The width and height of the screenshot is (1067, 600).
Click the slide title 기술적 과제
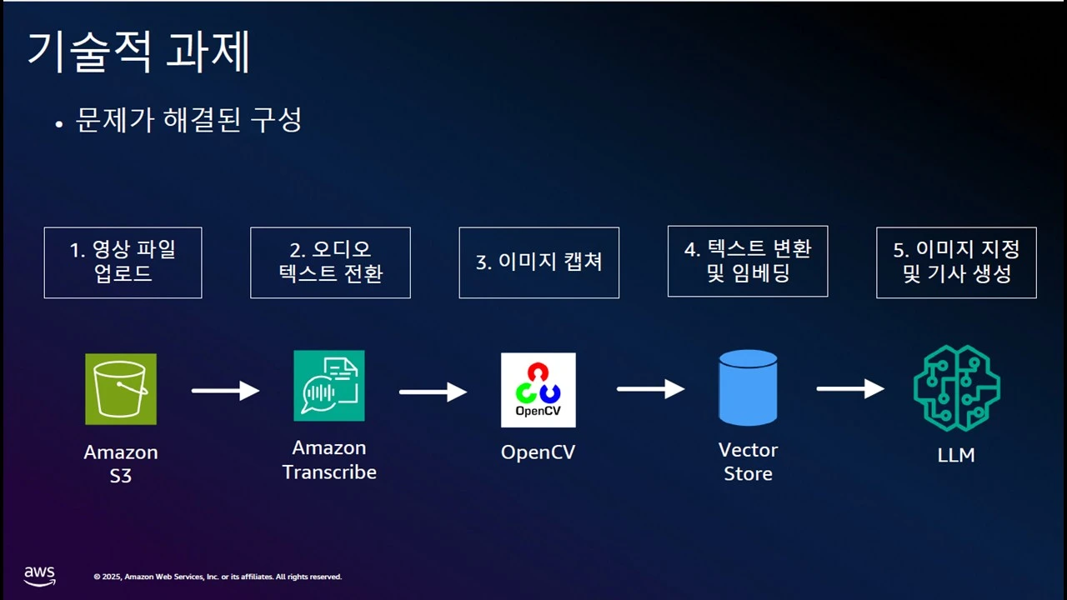138,52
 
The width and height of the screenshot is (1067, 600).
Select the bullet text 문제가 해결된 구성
188,119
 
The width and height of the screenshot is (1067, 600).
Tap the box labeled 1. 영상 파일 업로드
123,262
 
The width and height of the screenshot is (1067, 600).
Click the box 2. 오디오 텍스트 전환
330,262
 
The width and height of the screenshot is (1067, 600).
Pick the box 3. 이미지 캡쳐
539,262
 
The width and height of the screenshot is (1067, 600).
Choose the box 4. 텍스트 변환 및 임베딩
748,262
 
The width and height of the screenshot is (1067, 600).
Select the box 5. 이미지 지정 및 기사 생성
956,262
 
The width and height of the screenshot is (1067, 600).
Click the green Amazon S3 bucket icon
121,389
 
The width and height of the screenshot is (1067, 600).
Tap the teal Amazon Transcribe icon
329,386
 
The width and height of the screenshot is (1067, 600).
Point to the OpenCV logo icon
539,390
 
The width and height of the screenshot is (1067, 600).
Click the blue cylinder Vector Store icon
748,387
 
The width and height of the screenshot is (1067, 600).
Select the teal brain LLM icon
956,388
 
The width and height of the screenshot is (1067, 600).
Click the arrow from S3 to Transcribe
225,391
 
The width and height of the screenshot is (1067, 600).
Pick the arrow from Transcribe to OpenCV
433,392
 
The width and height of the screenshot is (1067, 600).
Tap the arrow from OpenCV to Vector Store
651,389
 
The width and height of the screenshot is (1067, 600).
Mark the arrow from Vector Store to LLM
850,388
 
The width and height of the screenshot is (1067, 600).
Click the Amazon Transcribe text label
329,460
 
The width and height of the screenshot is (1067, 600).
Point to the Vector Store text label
748,462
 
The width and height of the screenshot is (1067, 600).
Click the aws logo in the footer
39,576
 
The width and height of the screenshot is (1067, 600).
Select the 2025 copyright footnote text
218,577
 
